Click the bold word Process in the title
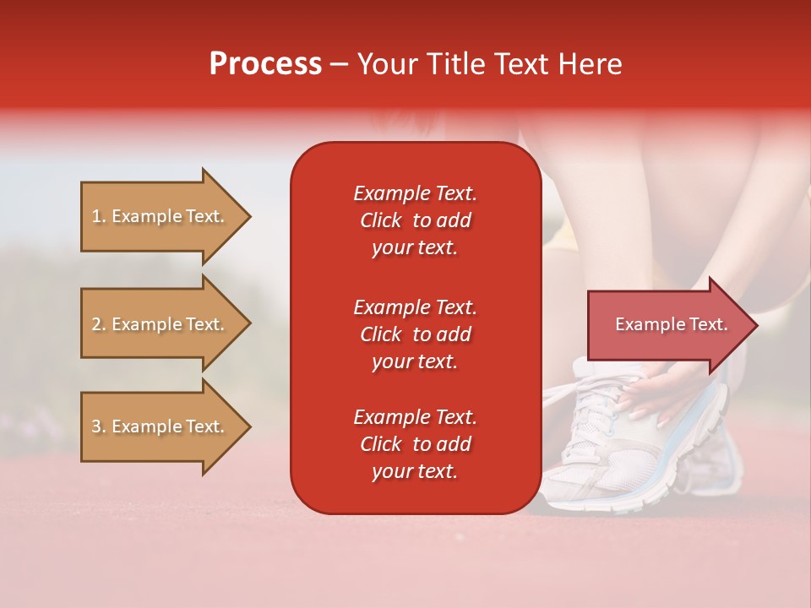click(265, 64)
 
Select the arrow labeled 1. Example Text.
click(161, 216)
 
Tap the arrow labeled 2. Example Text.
click(161, 324)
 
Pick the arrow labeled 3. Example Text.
click(161, 426)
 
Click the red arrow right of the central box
click(667, 324)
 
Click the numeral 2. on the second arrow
click(99, 324)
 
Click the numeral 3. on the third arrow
click(99, 426)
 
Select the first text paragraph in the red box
click(415, 220)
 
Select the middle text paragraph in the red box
click(415, 334)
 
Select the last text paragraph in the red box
click(415, 444)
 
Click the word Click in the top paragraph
click(380, 220)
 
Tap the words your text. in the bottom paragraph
click(415, 471)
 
